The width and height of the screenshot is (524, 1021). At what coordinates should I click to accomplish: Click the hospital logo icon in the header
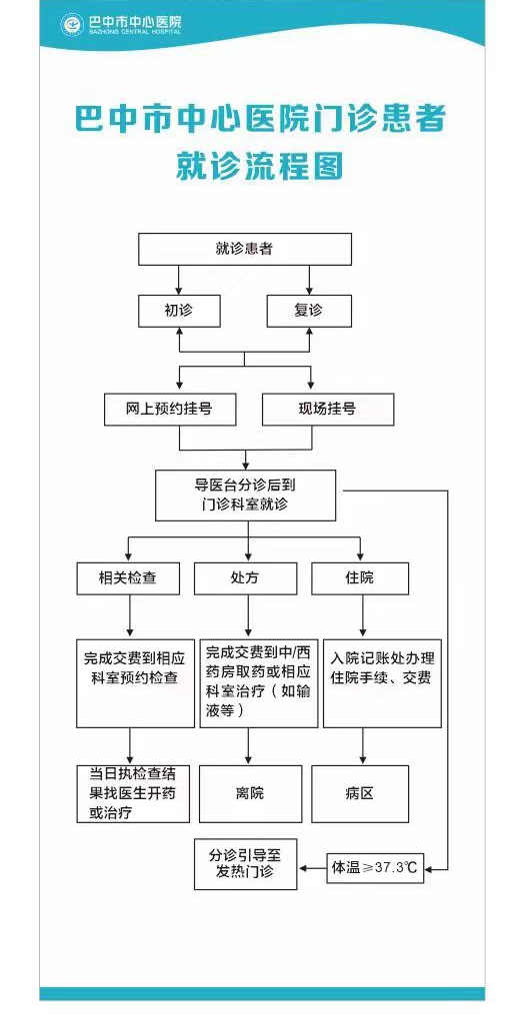[x=72, y=25]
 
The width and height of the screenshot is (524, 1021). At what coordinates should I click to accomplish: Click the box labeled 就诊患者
[x=245, y=249]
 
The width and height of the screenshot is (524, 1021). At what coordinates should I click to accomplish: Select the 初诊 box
[x=179, y=311]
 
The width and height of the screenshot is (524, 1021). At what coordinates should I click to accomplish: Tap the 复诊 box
[x=310, y=311]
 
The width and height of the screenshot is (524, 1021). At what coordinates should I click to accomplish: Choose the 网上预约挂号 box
[x=170, y=410]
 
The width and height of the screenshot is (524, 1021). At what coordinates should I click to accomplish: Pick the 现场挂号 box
[x=328, y=410]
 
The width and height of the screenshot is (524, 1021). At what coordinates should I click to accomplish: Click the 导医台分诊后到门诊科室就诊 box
[x=246, y=495]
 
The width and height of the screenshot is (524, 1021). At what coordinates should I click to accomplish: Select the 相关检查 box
[x=128, y=578]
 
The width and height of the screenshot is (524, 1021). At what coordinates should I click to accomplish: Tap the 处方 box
[x=246, y=578]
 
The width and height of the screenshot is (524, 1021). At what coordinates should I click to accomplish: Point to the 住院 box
[x=360, y=578]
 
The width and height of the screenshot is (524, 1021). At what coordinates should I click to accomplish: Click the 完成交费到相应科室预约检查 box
[x=136, y=683]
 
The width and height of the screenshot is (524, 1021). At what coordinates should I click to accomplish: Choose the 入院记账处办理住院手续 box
[x=383, y=683]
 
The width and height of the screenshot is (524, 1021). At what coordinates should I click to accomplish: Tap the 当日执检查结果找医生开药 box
[x=133, y=794]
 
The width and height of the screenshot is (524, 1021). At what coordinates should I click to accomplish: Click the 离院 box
[x=251, y=794]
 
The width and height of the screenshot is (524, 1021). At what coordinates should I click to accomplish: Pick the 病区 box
[x=360, y=794]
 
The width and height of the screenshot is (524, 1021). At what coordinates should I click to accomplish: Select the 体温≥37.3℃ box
[x=375, y=868]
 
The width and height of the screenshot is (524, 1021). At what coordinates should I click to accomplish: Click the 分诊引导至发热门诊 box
[x=246, y=864]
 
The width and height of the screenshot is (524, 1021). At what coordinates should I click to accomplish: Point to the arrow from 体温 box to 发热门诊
[x=312, y=868]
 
